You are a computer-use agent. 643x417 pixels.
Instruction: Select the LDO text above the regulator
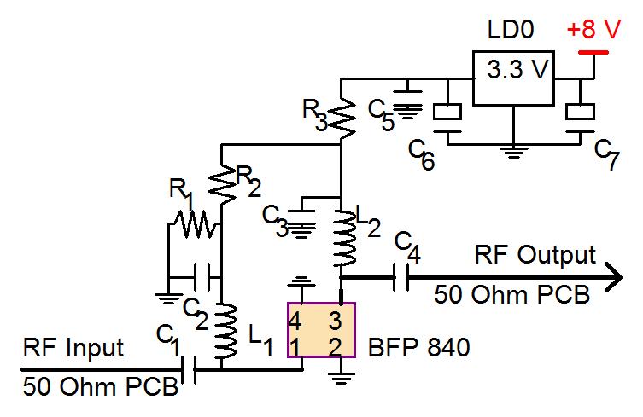tap(510, 32)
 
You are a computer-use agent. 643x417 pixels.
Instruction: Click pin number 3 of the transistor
tap(336, 321)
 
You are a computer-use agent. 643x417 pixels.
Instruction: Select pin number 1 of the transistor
tap(295, 347)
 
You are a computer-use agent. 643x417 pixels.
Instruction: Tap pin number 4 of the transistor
tap(295, 321)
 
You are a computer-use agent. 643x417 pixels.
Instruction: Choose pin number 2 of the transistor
tap(336, 347)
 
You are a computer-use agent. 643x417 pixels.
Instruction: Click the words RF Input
tap(73, 348)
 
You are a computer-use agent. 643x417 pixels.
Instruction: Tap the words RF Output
tap(535, 255)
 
